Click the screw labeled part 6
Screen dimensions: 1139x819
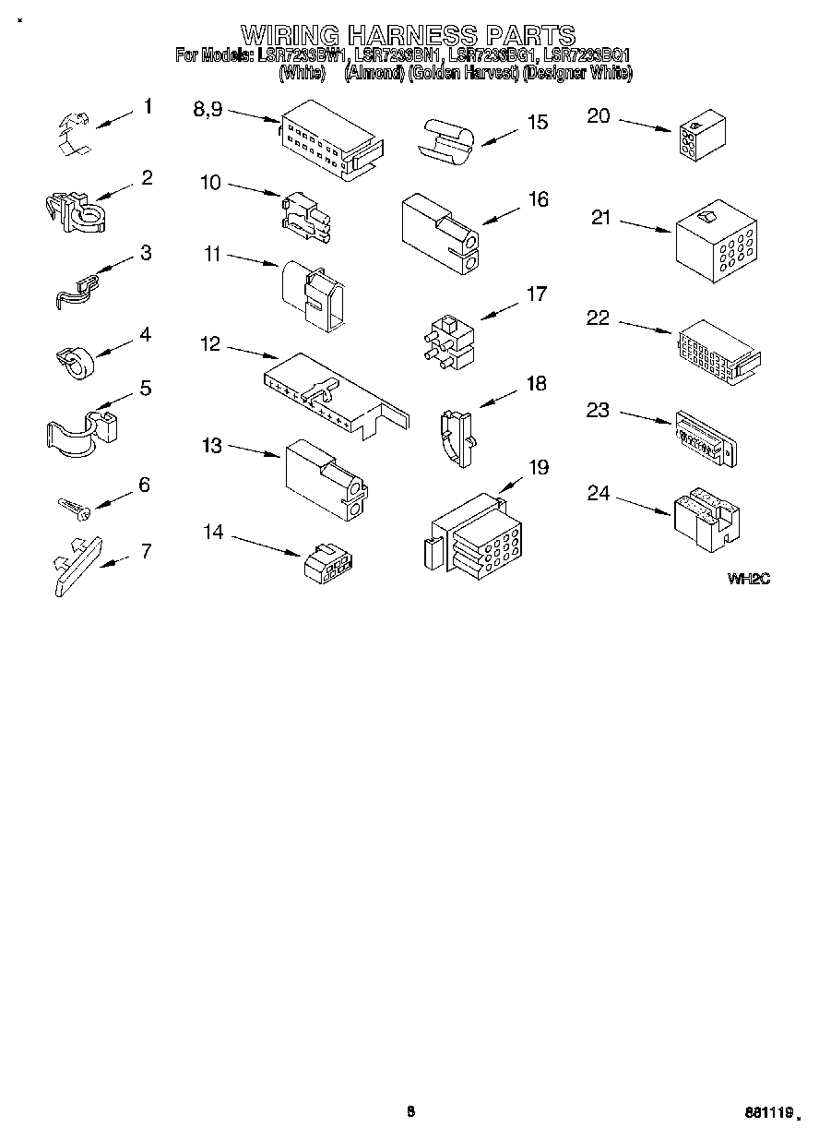[x=71, y=506]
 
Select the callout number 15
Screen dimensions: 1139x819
[x=537, y=122]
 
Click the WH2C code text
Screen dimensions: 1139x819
[x=748, y=579]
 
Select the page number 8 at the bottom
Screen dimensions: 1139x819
[x=410, y=1111]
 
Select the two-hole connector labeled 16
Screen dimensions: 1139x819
[x=440, y=234]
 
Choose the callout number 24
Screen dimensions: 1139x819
[x=599, y=494]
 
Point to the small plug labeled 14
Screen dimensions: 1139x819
[x=329, y=562]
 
